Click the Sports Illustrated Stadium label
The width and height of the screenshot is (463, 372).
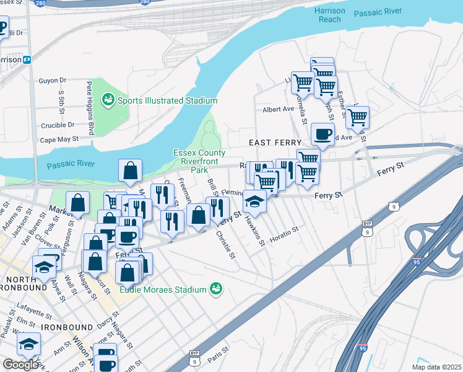click(167, 100)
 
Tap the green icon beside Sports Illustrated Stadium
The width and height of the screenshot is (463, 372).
click(108, 99)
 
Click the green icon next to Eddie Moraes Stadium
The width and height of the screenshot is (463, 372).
click(215, 288)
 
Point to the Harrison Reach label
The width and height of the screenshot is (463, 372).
click(329, 15)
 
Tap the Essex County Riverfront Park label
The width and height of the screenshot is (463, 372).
click(199, 161)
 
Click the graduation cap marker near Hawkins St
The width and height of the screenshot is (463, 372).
click(254, 201)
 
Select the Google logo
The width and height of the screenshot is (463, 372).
click(20, 365)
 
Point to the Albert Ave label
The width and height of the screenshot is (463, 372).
click(278, 109)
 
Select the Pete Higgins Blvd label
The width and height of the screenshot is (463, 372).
click(90, 108)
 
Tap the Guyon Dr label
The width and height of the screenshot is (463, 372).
click(52, 81)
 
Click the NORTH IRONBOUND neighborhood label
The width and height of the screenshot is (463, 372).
click(24, 283)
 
